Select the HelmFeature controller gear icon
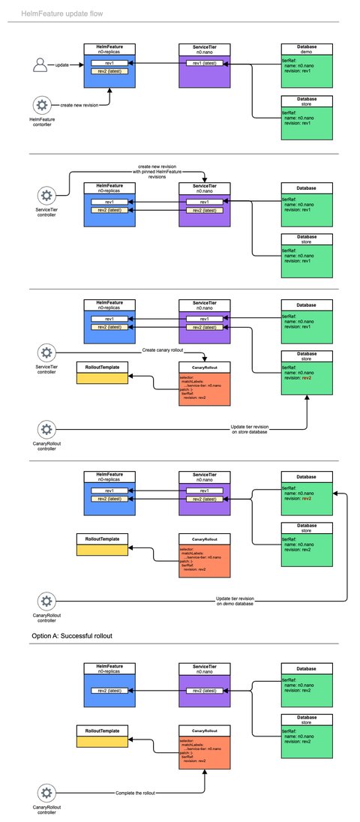42,105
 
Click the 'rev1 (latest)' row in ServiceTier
204,63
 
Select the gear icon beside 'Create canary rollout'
46,352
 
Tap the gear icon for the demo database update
46,600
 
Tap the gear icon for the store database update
46,430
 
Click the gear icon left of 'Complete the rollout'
46,792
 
